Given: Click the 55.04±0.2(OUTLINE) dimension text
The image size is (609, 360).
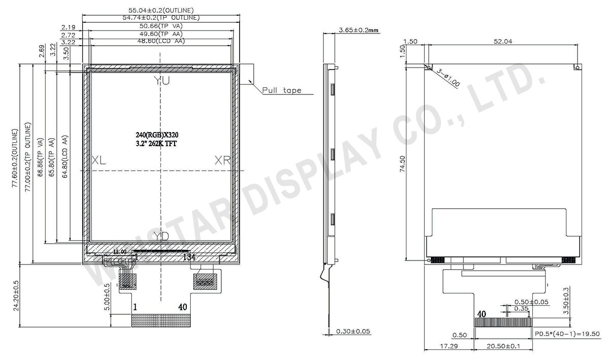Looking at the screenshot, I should [x=161, y=10].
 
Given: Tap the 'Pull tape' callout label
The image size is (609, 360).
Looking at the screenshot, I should [x=282, y=91].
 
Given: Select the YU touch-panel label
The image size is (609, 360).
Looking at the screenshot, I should [x=162, y=81].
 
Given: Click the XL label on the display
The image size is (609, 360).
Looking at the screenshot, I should [x=99, y=160].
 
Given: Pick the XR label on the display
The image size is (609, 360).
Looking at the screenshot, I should [x=223, y=160].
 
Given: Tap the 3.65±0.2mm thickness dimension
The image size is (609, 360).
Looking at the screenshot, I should [x=359, y=31].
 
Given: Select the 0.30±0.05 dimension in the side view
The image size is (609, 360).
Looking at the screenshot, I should [x=353, y=332].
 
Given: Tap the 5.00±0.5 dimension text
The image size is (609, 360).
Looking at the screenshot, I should [x=107, y=297].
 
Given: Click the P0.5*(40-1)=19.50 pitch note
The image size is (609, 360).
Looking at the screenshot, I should [x=567, y=334].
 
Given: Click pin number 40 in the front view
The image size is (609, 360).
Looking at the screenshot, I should [x=183, y=307].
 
